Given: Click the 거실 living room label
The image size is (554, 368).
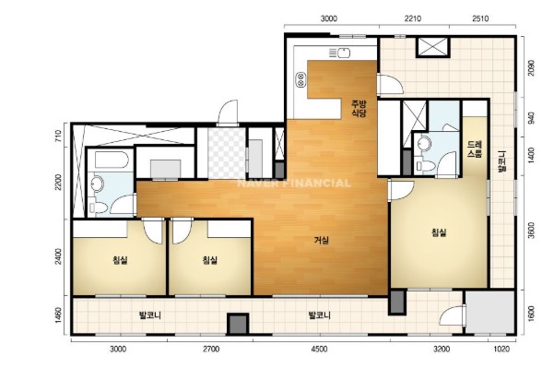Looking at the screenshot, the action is tap(322, 241).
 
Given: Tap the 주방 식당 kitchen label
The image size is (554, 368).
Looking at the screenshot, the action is tap(359, 109).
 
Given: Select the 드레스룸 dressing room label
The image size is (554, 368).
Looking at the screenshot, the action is tap(475, 149).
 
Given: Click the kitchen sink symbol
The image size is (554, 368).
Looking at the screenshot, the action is tap(339, 53).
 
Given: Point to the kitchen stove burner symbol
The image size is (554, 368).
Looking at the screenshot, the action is tap(301, 79).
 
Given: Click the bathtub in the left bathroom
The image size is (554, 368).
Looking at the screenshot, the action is tap(111, 160).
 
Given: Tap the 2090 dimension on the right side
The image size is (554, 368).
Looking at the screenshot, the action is tap(530, 67).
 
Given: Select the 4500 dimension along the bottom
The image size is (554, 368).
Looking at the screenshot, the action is tap(319, 350).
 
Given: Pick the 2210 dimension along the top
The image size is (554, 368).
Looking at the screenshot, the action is tap(413, 18).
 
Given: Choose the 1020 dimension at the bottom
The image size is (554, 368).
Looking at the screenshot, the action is tap(501, 350).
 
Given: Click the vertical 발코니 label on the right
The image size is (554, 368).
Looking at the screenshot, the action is tap(502, 161).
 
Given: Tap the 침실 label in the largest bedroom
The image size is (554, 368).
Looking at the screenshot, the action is tap(439, 232).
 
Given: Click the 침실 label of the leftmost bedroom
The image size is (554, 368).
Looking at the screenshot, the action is tap(120, 260).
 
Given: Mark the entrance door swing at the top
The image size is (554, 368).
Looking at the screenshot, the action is tap(228, 113).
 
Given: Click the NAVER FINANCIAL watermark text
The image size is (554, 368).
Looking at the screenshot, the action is tap(294, 184).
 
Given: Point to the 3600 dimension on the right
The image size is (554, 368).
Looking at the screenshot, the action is tap(531, 231).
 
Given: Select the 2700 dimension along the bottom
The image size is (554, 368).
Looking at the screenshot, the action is tap(211, 350).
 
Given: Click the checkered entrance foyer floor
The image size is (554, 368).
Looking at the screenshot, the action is tap(227, 153).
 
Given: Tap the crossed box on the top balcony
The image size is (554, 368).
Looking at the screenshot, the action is tap(433, 47).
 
